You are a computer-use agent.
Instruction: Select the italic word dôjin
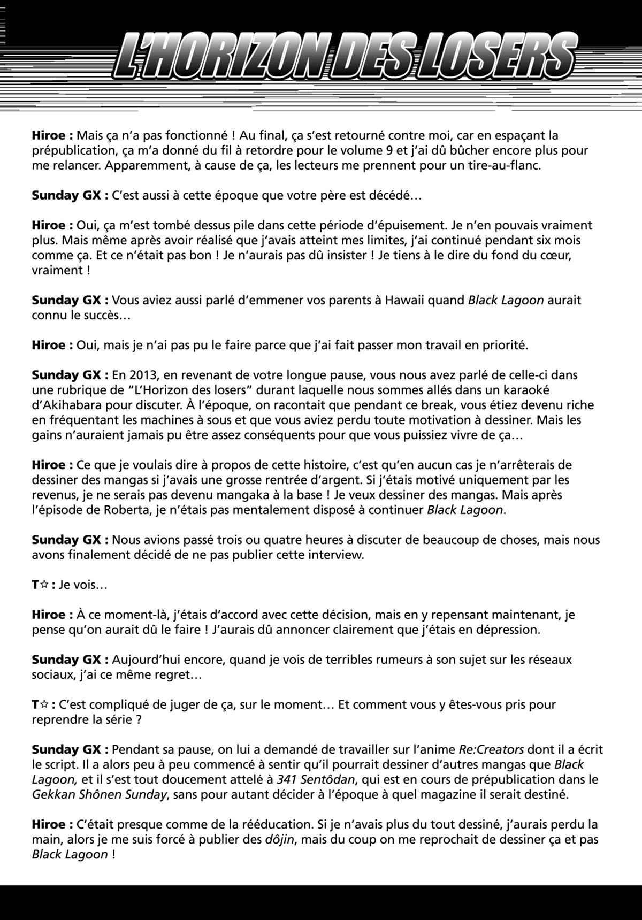(x=280, y=839)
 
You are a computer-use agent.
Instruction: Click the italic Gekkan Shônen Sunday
(x=100, y=794)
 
